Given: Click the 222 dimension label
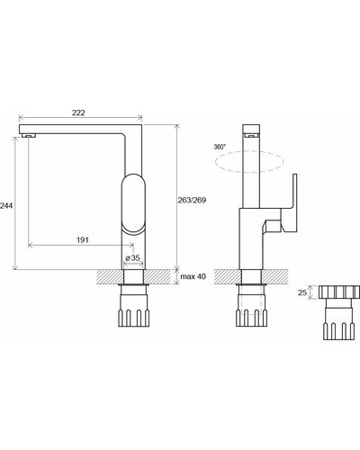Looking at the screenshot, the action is [x=78, y=112].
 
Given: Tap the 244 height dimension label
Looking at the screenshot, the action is [x=6, y=206].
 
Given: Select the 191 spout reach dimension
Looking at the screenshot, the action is [x=83, y=239].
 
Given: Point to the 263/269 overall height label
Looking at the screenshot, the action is [x=192, y=200].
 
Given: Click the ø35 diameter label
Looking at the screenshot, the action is [x=132, y=257].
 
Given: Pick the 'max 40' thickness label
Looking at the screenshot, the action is [x=193, y=276].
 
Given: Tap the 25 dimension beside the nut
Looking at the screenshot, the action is [x=302, y=292].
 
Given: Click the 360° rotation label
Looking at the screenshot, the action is [x=220, y=147].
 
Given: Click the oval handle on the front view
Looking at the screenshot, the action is [x=133, y=203].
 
